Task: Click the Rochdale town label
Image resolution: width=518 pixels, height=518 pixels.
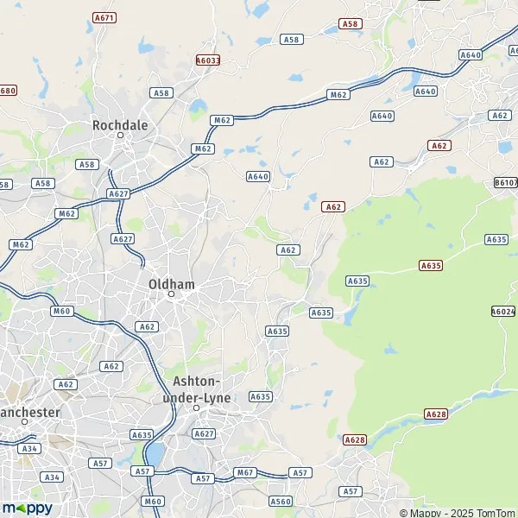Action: (x=120, y=125)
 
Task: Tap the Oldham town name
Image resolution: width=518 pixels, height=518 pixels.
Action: (x=171, y=283)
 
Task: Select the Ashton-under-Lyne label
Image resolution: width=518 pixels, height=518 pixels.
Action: (x=197, y=388)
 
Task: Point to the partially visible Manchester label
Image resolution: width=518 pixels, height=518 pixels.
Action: (x=29, y=412)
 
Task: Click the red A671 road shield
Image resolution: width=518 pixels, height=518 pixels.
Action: (x=104, y=17)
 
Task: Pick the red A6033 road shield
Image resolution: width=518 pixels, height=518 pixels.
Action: (x=208, y=60)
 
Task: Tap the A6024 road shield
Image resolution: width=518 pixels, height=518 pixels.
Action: (x=503, y=312)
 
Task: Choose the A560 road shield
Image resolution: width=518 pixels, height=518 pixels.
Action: (x=281, y=501)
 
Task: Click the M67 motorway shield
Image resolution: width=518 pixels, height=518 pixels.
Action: (x=245, y=472)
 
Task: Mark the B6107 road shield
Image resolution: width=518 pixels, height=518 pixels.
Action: (x=506, y=183)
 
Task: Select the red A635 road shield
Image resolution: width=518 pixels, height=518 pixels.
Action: (x=430, y=265)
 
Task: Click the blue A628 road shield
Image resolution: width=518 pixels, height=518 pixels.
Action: (x=437, y=414)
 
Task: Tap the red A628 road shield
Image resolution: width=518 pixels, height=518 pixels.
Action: (x=355, y=439)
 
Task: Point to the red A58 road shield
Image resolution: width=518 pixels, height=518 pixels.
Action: (x=351, y=24)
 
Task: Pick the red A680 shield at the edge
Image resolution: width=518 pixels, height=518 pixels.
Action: (x=8, y=91)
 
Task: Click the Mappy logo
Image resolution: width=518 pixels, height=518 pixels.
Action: (x=27, y=508)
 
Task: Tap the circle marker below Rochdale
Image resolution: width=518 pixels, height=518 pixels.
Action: (x=121, y=136)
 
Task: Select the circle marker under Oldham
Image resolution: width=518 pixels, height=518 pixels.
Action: (x=171, y=294)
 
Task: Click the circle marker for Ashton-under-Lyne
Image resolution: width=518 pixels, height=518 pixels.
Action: (x=197, y=407)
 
